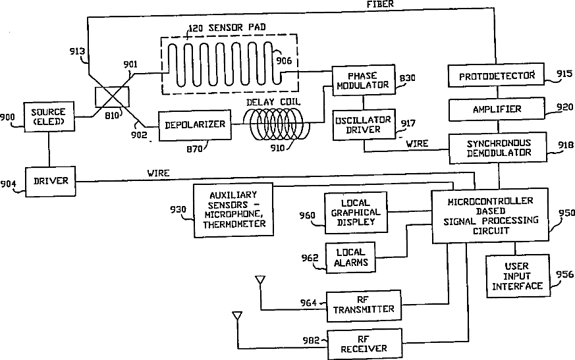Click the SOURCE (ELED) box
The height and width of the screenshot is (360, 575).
click(x=49, y=117)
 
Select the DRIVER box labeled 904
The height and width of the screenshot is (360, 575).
click(x=51, y=182)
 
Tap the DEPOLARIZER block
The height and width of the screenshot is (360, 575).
click(x=195, y=125)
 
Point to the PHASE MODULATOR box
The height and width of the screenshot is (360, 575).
click(x=364, y=80)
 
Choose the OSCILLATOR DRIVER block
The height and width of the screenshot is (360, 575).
click(x=364, y=124)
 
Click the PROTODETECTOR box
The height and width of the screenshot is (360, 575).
click(x=496, y=76)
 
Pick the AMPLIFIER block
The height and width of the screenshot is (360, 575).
click(x=497, y=109)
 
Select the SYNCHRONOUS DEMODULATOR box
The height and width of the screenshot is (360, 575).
click(x=498, y=148)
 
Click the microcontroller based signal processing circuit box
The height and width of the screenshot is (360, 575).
click(x=490, y=216)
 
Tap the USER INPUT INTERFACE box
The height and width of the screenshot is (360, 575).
click(x=518, y=276)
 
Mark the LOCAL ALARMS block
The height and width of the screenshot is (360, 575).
click(x=350, y=257)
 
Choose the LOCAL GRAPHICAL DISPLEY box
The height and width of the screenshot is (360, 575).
click(x=356, y=213)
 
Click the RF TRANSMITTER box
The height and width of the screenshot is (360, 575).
click(x=364, y=306)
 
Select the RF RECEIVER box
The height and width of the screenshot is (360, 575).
click(x=364, y=344)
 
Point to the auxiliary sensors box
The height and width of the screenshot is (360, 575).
click(x=234, y=210)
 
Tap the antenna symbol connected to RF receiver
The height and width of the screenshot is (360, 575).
click(x=237, y=316)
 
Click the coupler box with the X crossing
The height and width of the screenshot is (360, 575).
click(x=112, y=97)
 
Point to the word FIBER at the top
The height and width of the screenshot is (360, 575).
click(x=380, y=5)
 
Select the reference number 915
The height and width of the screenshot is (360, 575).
click(x=564, y=74)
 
